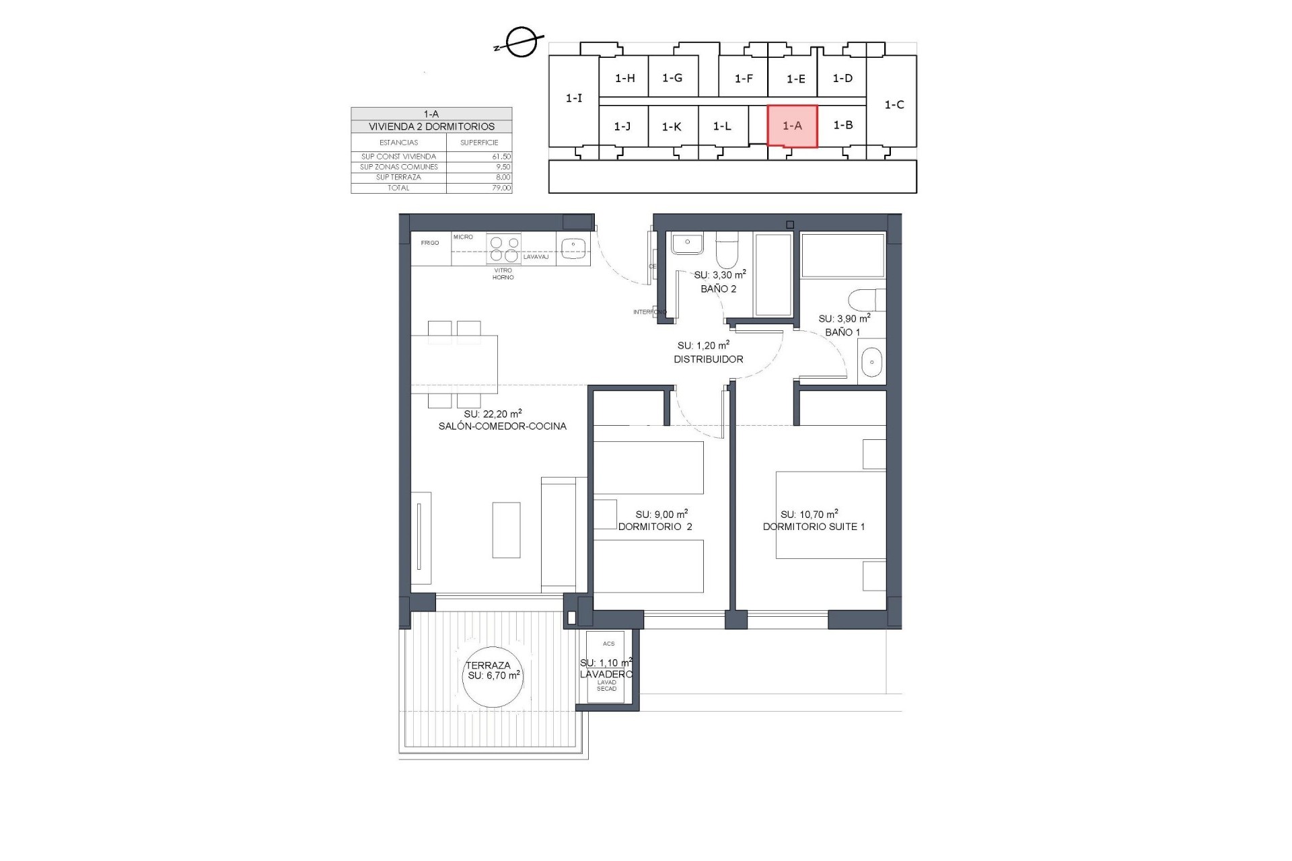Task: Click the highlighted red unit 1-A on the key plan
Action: (x=792, y=126)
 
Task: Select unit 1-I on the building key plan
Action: (x=573, y=98)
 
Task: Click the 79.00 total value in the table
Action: (x=501, y=188)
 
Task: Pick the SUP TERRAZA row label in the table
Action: (x=398, y=178)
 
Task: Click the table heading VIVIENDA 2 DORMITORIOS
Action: (x=431, y=126)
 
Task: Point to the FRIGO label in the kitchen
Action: (x=430, y=243)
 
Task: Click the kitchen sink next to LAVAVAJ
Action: (x=573, y=248)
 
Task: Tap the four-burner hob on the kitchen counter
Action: (x=504, y=248)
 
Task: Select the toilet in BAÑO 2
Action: (x=726, y=250)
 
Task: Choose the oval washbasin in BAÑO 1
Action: (x=871, y=363)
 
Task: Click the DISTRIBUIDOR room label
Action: (x=709, y=359)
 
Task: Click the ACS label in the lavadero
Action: (x=608, y=644)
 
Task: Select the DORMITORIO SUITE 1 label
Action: (x=814, y=527)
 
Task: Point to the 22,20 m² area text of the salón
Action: (x=493, y=414)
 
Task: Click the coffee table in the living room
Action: (x=506, y=530)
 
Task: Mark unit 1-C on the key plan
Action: (x=894, y=105)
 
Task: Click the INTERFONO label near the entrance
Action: (x=649, y=312)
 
